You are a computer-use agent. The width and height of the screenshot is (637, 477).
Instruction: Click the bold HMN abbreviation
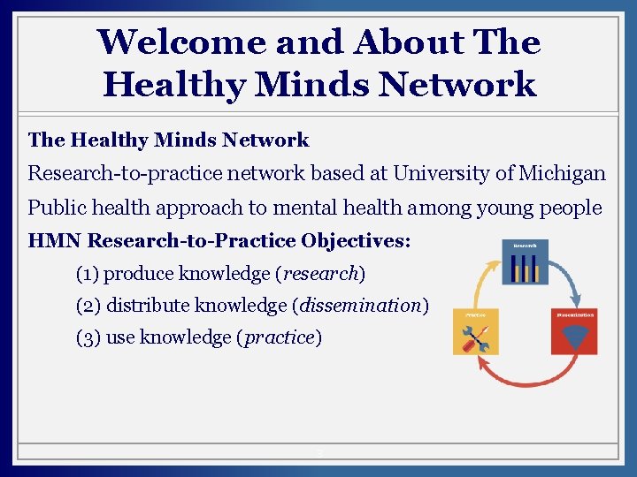point(55,241)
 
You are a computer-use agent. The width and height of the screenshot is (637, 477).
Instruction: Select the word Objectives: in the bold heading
point(356,241)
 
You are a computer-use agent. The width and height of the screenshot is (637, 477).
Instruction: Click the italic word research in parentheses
point(321,274)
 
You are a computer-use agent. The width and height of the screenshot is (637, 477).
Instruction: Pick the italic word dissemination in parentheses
point(360,306)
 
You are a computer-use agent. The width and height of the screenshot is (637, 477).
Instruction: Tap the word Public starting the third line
point(55,208)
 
